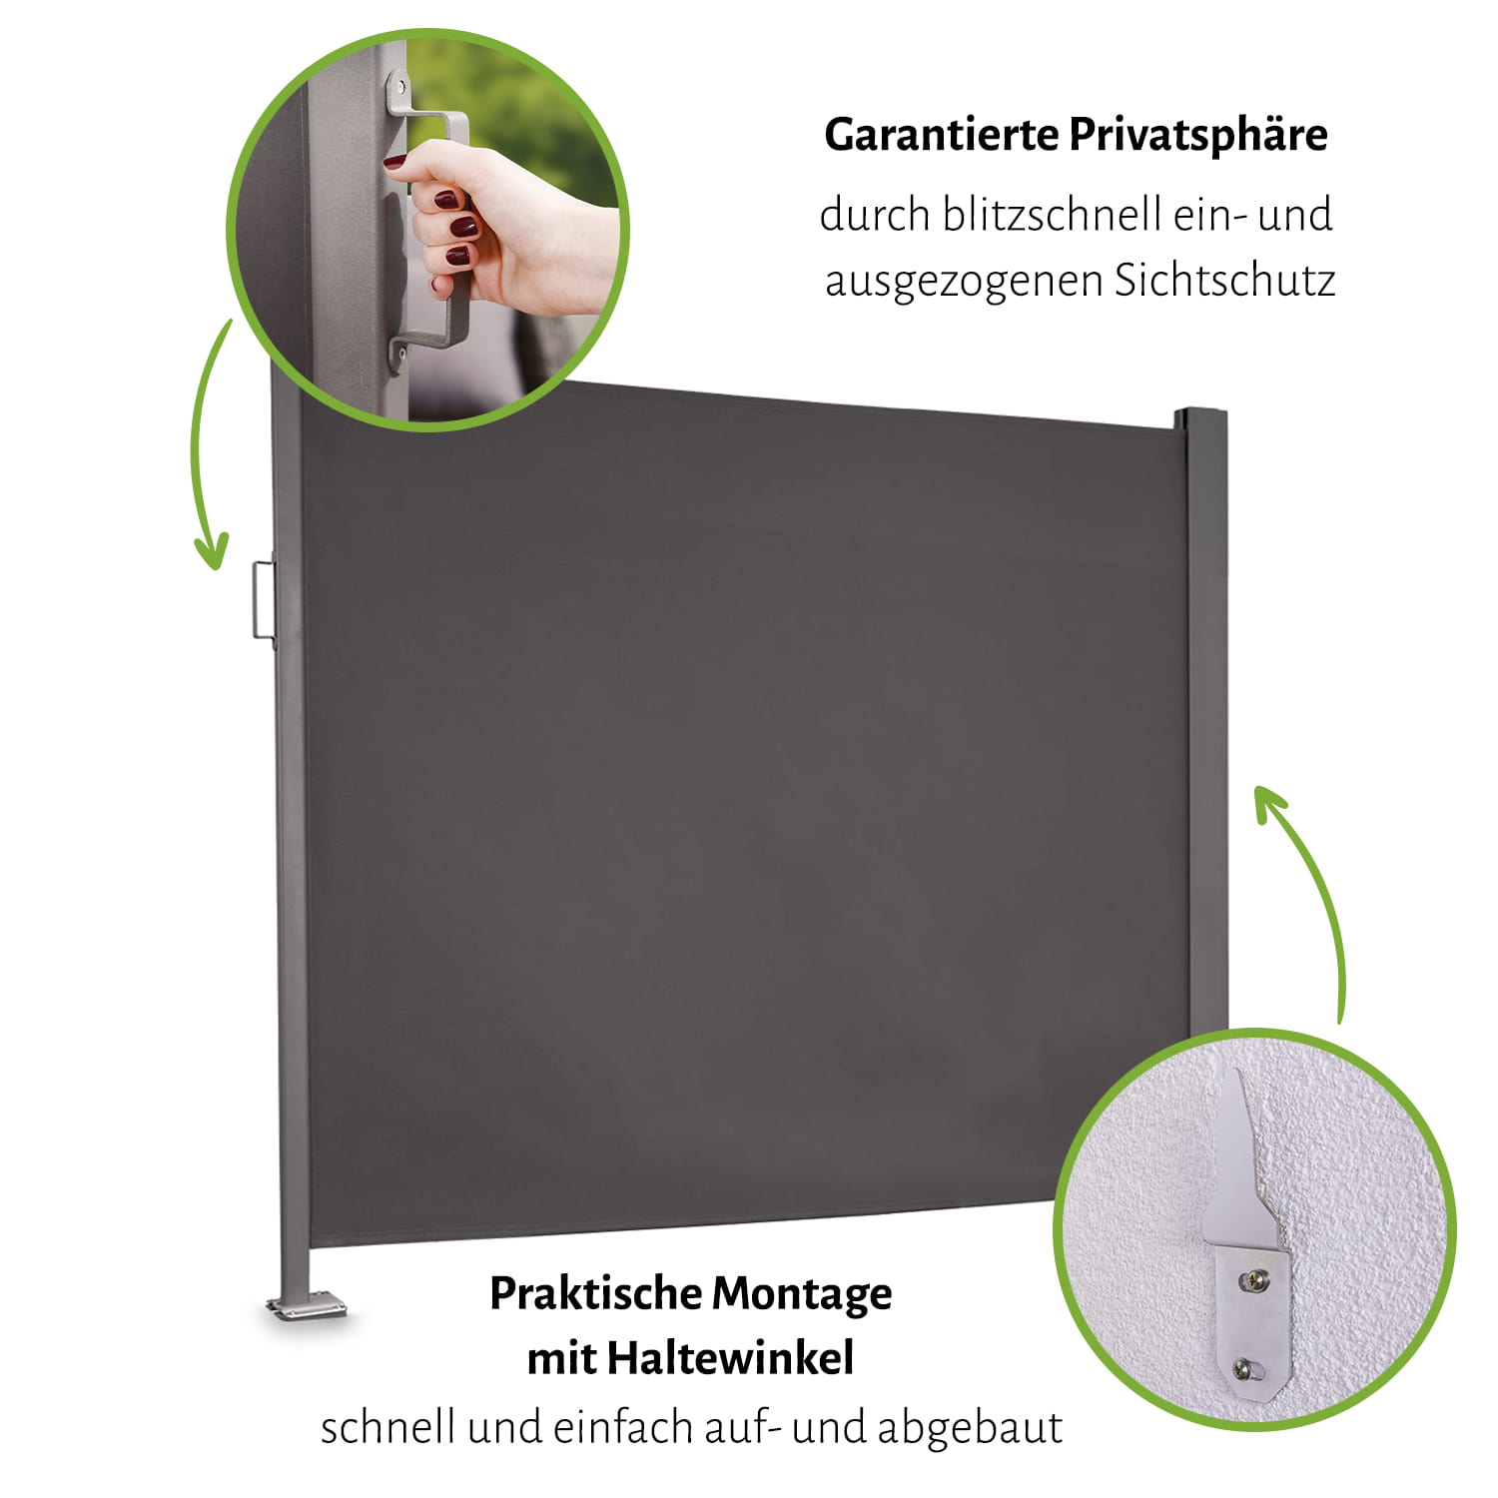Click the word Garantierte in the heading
[942, 135]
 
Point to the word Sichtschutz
[1224, 280]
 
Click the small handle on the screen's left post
[263, 599]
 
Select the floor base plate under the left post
[306, 1305]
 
